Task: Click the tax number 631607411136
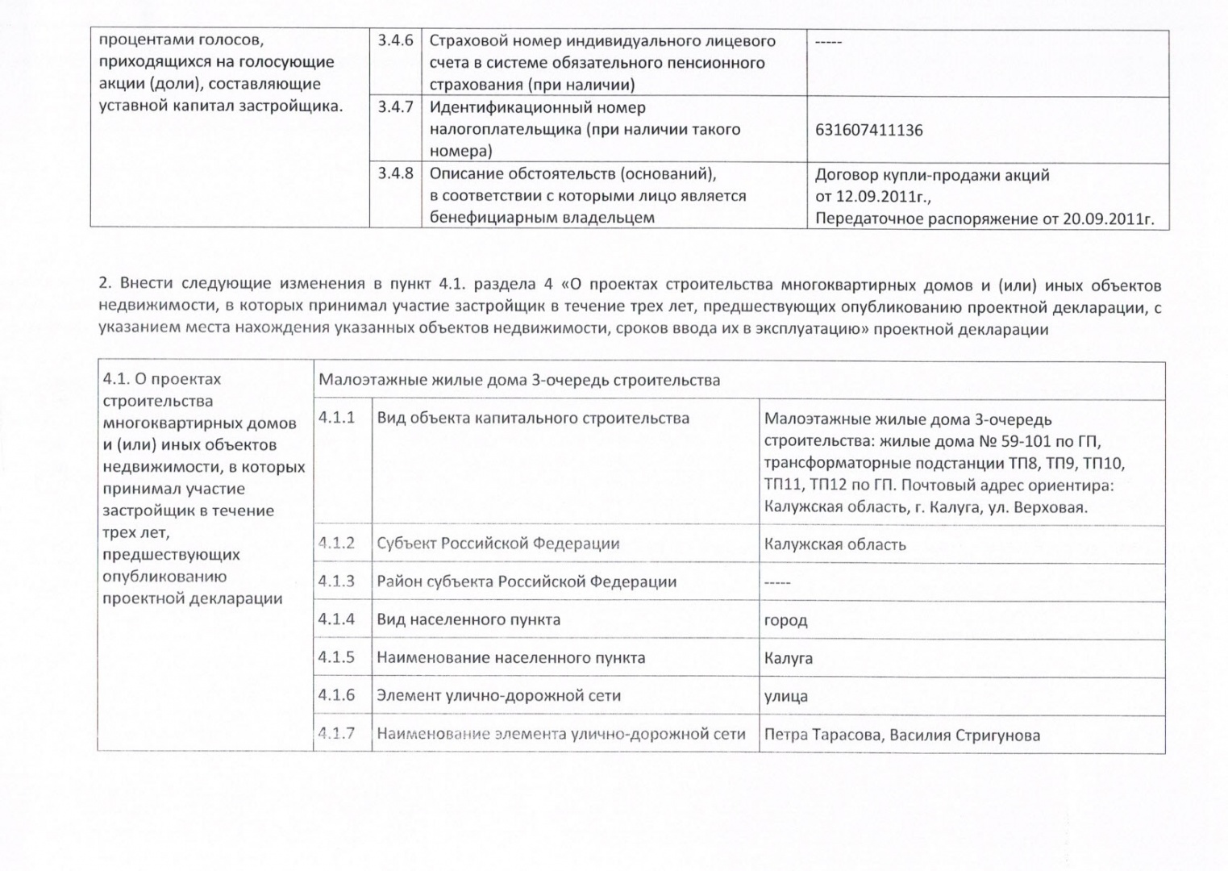[868, 130]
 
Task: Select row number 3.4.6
[395, 40]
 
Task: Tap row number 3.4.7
[395, 106]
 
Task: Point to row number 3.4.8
[395, 173]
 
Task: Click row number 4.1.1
[336, 418]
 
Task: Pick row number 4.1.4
[336, 619]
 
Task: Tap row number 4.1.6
[336, 695]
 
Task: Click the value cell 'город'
[785, 620]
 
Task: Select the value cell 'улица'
[785, 696]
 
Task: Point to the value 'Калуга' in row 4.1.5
[788, 658]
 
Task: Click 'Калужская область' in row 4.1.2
[835, 544]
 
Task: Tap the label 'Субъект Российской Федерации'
[497, 544]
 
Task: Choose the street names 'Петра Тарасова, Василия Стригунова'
[901, 735]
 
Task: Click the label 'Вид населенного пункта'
[468, 619]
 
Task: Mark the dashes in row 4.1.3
[777, 582]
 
